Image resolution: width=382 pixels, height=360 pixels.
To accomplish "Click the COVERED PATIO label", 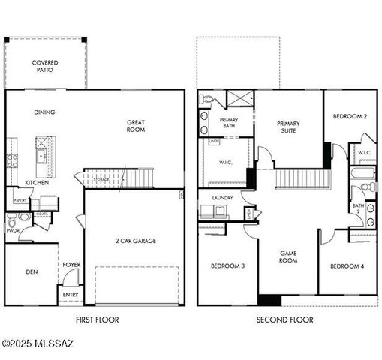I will (45, 67).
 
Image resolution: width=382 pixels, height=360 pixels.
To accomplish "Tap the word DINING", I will (44, 112).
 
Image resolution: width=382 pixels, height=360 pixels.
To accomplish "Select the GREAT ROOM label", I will (136, 125).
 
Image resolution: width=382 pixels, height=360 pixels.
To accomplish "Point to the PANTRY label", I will (20, 200).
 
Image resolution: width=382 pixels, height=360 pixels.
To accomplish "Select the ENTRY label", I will (71, 295).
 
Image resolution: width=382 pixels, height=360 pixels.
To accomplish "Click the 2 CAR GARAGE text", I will (135, 241).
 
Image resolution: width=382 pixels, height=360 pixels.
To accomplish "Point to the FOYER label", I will (71, 265).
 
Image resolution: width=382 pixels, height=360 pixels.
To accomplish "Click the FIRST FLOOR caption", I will (97, 319).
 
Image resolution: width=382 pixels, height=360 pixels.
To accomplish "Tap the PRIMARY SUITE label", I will (288, 127).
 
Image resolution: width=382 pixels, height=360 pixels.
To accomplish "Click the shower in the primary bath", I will (239, 99).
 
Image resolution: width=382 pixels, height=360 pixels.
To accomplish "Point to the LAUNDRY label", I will (223, 198).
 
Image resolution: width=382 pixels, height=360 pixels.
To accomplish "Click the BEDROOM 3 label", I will (227, 266).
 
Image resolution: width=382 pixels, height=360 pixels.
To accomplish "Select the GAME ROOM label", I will (288, 256).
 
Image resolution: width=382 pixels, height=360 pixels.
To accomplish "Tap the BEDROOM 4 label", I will (347, 266).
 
